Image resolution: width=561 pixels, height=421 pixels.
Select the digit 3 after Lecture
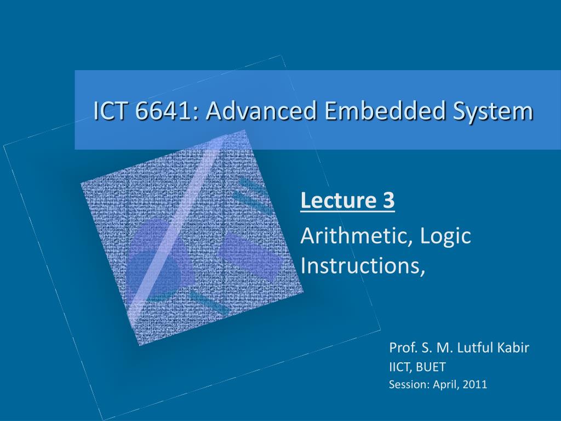[x=388, y=201]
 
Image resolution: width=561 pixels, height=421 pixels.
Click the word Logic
[x=446, y=236]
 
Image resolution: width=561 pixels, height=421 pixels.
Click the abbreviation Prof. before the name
[x=401, y=348]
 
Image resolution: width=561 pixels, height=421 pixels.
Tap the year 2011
[x=474, y=384]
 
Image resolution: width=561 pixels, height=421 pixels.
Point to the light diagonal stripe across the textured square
[x=181, y=219]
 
